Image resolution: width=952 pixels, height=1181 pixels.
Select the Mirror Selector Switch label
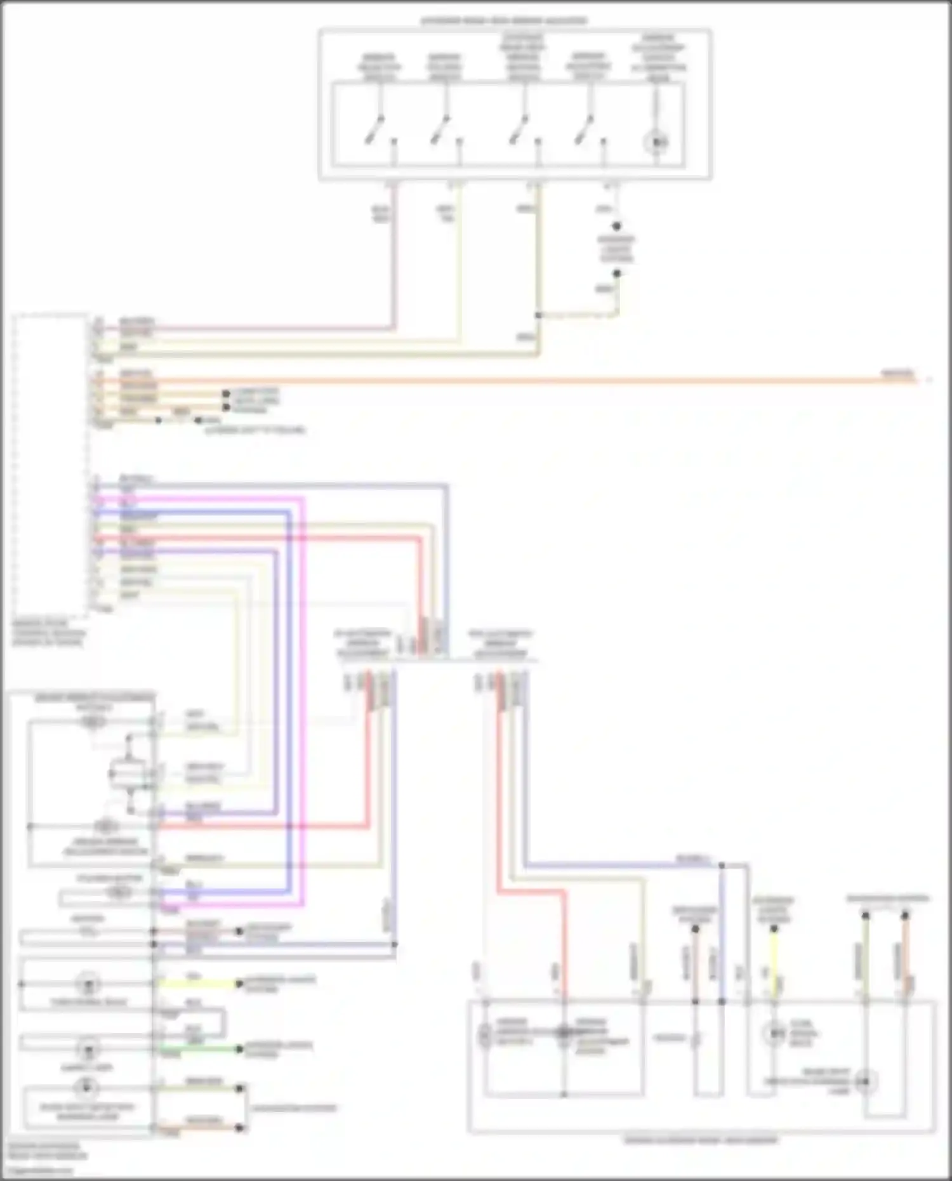tap(379, 67)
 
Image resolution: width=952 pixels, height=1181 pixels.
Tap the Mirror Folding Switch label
tap(444, 67)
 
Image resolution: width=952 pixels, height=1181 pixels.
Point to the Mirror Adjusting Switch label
tap(588, 66)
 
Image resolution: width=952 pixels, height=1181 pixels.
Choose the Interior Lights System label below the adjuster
tap(616, 249)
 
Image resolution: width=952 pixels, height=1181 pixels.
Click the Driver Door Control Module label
tap(48, 633)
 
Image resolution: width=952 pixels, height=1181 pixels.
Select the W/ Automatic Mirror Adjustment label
tap(362, 643)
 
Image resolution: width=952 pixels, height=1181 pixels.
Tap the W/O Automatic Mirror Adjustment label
tap(500, 643)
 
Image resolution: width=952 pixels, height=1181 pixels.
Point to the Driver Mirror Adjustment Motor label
tap(105, 847)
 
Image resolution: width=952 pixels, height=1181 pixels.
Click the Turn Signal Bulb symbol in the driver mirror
tap(88, 984)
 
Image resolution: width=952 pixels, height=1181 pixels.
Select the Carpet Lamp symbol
tap(88, 1048)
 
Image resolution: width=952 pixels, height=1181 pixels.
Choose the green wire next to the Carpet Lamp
tap(197, 1049)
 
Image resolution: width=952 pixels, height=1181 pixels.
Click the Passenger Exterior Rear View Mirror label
tap(701, 1140)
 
